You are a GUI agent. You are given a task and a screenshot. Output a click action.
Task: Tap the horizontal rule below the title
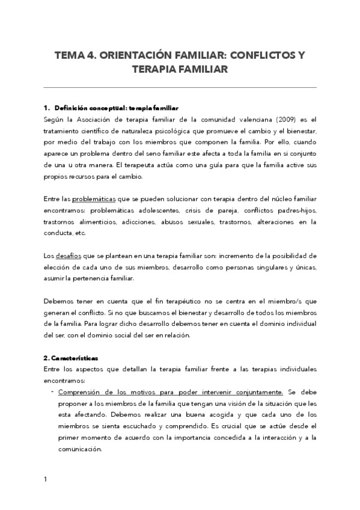click(x=180, y=87)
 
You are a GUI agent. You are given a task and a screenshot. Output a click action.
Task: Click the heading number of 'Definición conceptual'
click(x=46, y=108)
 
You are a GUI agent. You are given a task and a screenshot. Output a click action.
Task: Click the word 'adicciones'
click(x=141, y=222)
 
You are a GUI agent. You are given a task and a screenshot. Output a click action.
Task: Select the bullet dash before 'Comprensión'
click(x=53, y=392)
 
